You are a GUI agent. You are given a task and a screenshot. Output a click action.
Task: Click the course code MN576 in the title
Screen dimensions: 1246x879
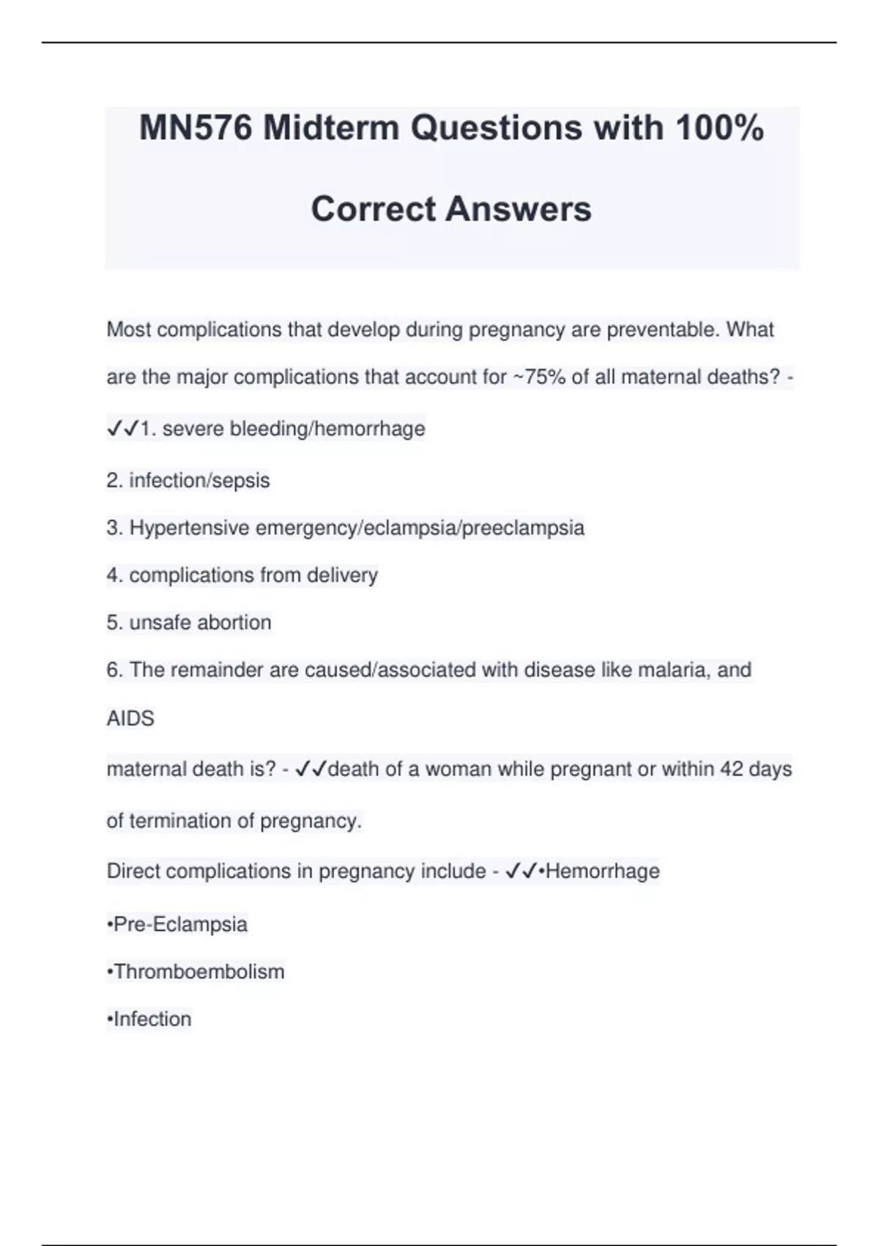pos(196,128)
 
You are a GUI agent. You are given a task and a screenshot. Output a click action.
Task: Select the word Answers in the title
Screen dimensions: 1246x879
pos(519,209)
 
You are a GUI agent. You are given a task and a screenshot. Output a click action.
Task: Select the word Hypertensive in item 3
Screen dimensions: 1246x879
pos(189,528)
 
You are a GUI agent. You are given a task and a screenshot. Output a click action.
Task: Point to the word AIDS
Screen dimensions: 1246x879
pos(130,718)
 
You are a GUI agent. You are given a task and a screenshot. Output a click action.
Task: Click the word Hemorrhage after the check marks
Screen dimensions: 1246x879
pos(602,871)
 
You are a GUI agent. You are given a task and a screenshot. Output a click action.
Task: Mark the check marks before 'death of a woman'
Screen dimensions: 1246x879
pos(311,769)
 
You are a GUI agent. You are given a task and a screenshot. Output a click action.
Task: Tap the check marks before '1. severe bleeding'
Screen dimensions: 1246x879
pos(122,429)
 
